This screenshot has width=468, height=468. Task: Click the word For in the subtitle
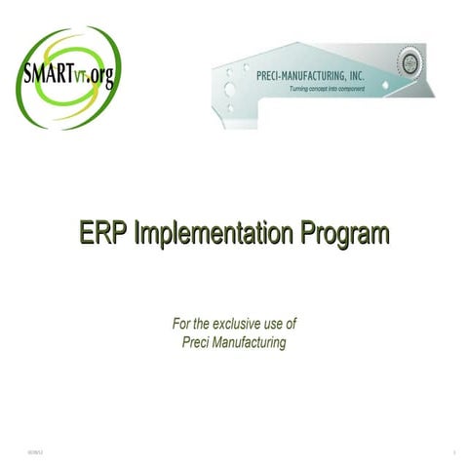click(x=183, y=323)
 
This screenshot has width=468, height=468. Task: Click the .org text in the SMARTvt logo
click(x=99, y=76)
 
